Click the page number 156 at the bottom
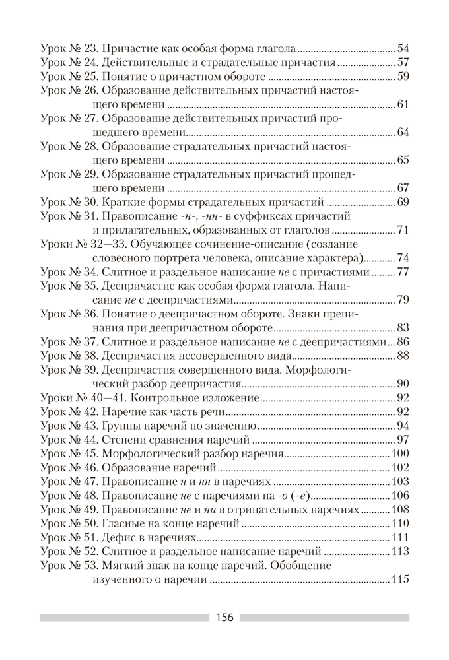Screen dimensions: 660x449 pyautogui.click(x=224, y=618)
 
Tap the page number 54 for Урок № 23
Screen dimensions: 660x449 pyautogui.click(x=403, y=48)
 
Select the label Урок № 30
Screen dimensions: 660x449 pyautogui.click(x=69, y=202)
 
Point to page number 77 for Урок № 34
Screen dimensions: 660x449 pyautogui.click(x=403, y=271)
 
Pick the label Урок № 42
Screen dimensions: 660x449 pyautogui.click(x=69, y=411)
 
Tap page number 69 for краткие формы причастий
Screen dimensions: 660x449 pyautogui.click(x=403, y=202)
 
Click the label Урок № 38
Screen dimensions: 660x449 pyautogui.click(x=69, y=356)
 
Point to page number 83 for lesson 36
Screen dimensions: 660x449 pyautogui.click(x=403, y=328)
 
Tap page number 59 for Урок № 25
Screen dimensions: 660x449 pyautogui.click(x=403, y=77)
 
